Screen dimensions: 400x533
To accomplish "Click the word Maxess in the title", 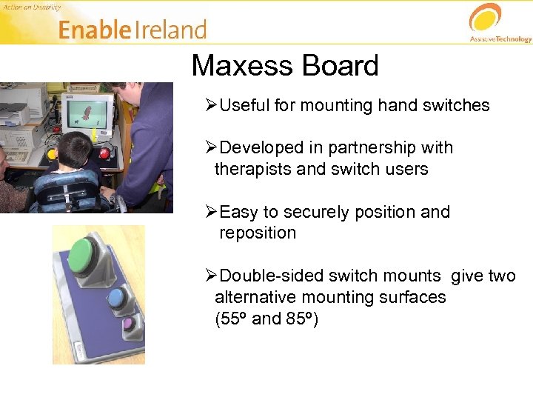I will tap(237, 66).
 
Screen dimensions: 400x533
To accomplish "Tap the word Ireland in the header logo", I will tap(172, 30).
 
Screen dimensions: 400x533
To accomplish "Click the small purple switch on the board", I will tap(127, 323).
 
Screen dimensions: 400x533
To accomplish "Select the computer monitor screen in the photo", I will tap(88, 116).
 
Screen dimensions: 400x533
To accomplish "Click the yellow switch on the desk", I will tap(52, 154).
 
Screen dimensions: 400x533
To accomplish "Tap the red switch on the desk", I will tap(104, 153).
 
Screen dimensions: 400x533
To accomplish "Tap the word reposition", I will tap(257, 233).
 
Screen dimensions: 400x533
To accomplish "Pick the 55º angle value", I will tap(230, 319).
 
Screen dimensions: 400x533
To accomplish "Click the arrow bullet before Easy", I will tap(210, 212).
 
